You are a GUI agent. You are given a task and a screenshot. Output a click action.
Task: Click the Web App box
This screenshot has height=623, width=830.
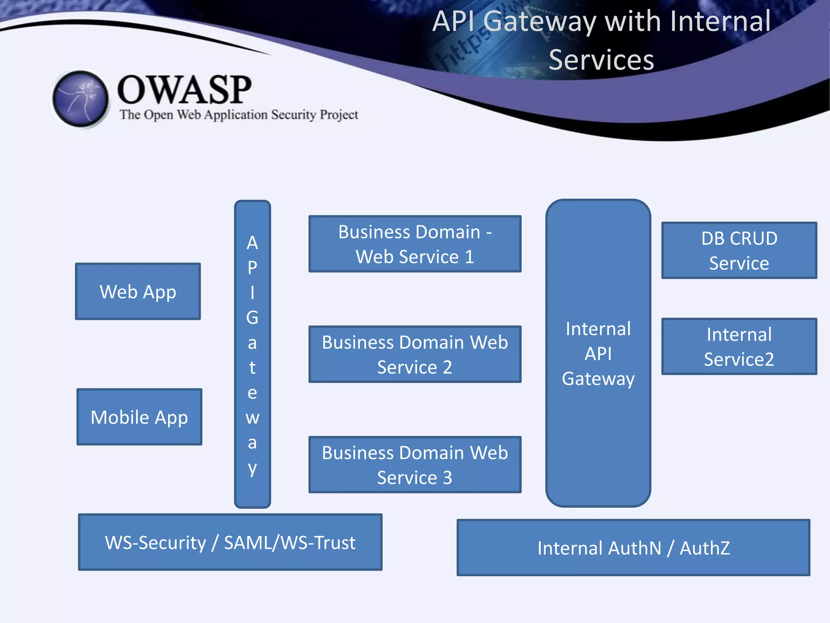pos(138,291)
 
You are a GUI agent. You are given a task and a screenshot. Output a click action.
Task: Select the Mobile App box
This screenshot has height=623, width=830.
pos(139,417)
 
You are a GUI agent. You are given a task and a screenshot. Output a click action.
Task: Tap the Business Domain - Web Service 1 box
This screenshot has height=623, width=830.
pos(415,244)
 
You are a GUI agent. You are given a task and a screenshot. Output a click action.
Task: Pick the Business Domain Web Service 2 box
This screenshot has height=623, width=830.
pos(415,354)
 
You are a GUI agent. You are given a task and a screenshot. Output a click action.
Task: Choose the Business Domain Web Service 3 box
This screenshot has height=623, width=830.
pos(415,464)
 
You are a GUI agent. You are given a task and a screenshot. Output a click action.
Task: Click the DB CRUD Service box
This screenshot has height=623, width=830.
pos(739,250)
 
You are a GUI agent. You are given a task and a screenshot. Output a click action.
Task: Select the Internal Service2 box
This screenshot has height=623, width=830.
pos(739,346)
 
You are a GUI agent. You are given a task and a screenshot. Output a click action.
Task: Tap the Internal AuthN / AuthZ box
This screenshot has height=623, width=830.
pos(633,548)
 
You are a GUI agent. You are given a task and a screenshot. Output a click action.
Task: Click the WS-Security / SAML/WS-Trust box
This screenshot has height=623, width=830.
pos(230,542)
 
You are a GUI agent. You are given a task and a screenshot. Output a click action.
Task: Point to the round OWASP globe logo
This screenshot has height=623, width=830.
pos(81,99)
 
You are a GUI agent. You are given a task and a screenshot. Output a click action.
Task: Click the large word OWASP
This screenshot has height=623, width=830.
pos(184,90)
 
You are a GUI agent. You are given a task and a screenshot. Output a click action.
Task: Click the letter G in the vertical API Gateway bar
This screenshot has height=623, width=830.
pos(252,317)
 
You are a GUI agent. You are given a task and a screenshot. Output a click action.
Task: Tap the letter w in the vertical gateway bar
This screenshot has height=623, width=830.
pos(252,418)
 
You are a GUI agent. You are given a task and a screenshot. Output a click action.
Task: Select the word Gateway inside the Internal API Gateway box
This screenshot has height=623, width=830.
pos(598,379)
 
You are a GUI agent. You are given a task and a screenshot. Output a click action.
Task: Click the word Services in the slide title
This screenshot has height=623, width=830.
pos(601,60)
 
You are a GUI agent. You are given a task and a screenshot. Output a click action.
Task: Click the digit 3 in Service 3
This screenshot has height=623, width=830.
pos(447,478)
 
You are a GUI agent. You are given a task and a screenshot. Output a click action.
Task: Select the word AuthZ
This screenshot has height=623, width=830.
pos(705,548)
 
